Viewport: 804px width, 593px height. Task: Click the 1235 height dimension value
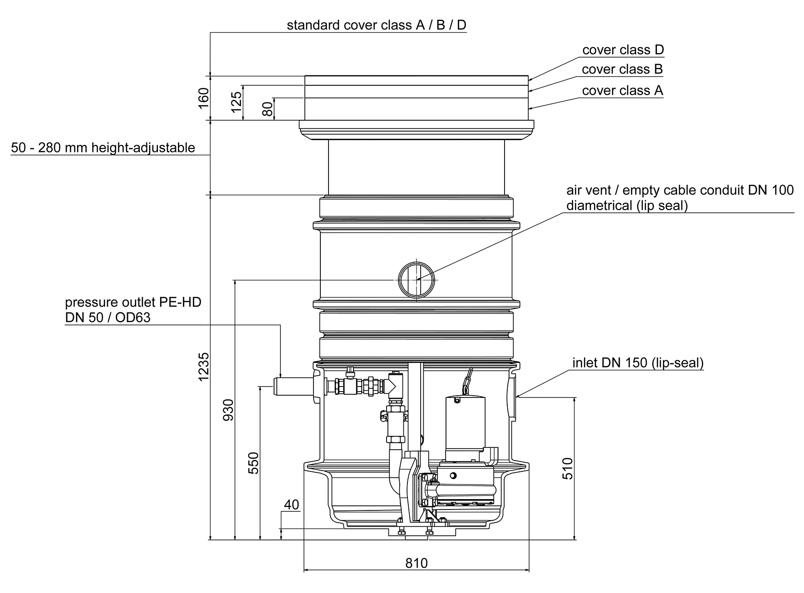pos(204,366)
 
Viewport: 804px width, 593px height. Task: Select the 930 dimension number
pos(228,409)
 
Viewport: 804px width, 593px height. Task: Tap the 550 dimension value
pos(254,463)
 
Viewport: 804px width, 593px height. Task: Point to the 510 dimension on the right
pos(568,468)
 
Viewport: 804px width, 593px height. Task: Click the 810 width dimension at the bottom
pos(416,564)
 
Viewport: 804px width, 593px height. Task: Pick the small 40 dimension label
pos(291,505)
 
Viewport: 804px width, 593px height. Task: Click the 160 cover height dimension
pos(203,98)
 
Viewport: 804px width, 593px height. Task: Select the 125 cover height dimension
pos(236,103)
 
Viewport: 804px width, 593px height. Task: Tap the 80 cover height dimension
pos(267,109)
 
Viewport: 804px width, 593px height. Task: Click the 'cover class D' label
pos(623,50)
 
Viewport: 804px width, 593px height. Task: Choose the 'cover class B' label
pos(622,69)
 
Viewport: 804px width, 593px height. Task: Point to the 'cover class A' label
pos(622,91)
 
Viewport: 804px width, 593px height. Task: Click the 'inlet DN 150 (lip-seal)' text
pos(637,363)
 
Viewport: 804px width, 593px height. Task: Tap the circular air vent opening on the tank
pos(417,280)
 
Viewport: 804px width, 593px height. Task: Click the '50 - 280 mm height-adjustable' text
pos(103,148)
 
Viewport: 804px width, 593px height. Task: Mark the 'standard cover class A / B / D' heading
pos(376,25)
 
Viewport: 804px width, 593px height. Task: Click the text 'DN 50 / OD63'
pos(108,317)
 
